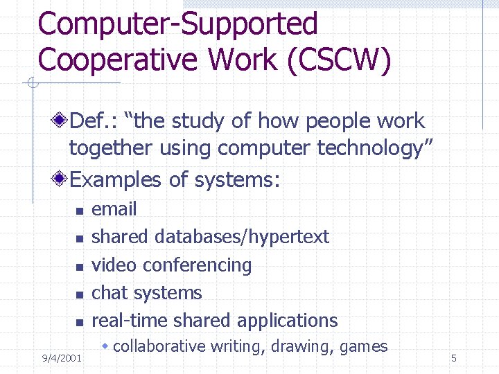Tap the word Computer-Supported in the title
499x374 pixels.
point(178,24)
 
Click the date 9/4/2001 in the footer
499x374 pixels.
point(62,358)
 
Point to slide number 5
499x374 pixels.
point(453,358)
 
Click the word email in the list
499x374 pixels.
point(114,209)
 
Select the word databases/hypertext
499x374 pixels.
point(242,237)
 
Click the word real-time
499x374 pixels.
point(130,321)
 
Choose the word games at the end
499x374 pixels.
point(364,346)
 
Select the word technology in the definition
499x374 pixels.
point(380,148)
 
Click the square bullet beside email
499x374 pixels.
point(79,211)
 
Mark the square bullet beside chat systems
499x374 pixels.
point(79,294)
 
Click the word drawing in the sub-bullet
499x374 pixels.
point(299,346)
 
